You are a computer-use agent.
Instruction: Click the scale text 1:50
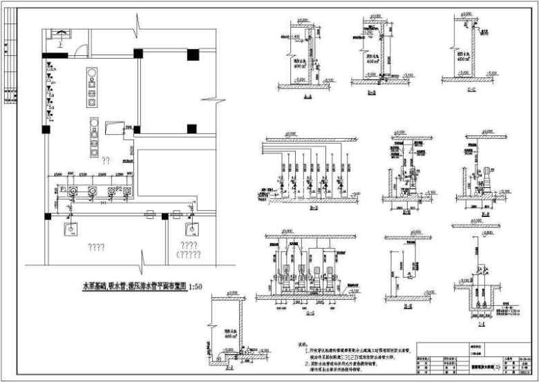click(x=198, y=285)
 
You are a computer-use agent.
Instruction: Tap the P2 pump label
click(x=119, y=187)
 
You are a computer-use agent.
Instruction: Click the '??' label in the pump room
click(x=106, y=160)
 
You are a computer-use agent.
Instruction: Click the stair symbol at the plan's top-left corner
click(x=63, y=34)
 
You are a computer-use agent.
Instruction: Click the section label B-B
click(x=372, y=92)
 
